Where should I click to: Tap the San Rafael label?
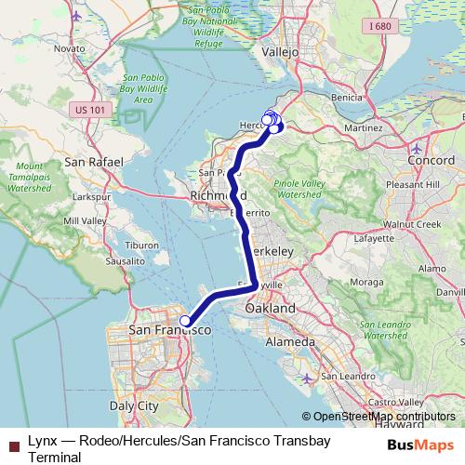(x=94, y=161)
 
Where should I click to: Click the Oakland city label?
(x=270, y=308)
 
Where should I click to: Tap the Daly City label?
(x=135, y=405)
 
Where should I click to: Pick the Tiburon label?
(x=142, y=245)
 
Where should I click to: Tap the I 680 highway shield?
(x=380, y=27)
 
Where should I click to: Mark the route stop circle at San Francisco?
(x=185, y=321)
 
